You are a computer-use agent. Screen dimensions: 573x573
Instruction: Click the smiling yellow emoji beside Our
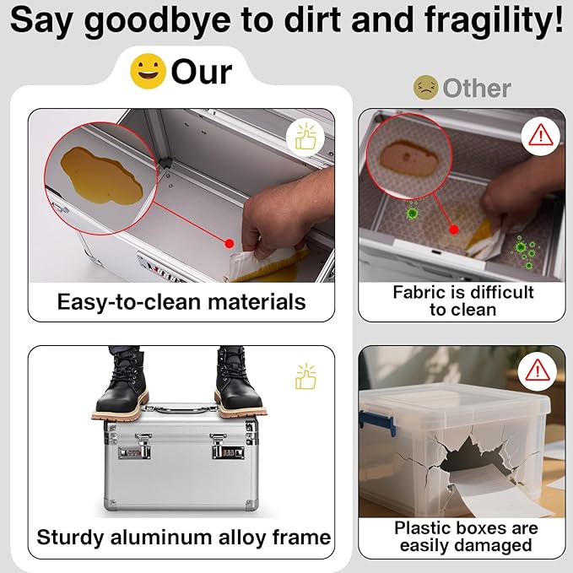[148, 71]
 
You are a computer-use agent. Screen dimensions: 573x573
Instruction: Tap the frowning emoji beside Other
[425, 88]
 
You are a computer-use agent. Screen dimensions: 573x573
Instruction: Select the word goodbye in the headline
[157, 22]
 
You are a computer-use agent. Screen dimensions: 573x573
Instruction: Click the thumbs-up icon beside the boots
[305, 376]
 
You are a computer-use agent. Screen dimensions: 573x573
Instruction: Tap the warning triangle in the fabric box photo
[540, 135]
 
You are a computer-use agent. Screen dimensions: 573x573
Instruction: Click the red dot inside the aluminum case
[230, 243]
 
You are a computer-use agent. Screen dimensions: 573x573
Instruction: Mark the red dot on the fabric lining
[453, 230]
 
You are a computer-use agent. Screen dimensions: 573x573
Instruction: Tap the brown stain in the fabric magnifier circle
[408, 159]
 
